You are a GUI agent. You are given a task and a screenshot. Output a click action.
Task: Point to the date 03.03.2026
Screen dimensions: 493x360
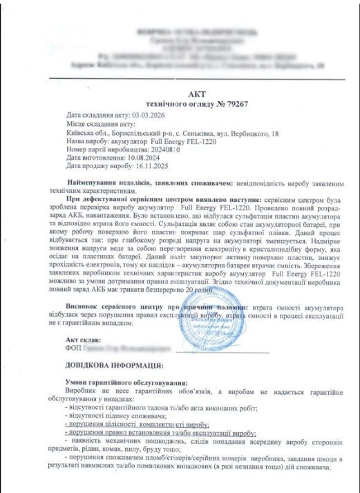tap(149, 114)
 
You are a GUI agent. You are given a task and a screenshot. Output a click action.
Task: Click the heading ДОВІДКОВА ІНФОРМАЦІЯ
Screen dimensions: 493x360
tap(114, 364)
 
